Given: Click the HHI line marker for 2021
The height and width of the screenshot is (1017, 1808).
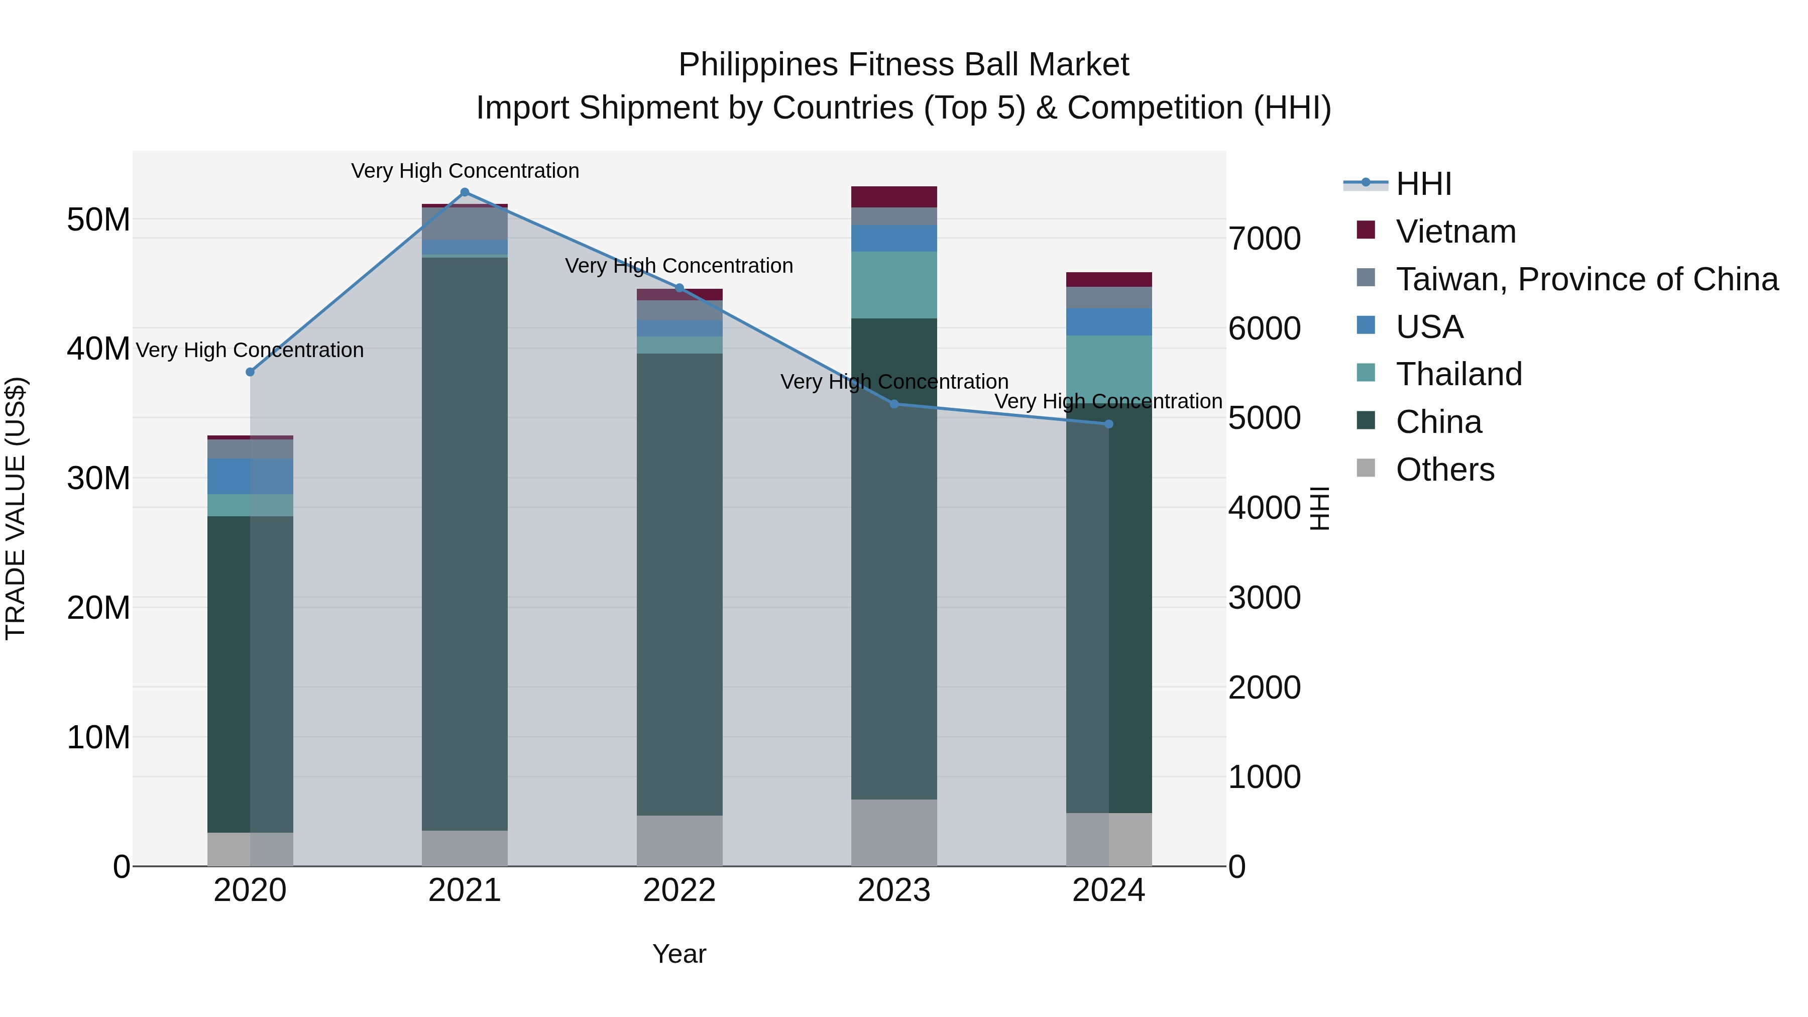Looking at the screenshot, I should tap(465, 192).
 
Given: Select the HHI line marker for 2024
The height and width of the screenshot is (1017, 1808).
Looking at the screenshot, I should tap(1109, 424).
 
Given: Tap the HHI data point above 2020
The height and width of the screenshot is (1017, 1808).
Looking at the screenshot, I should tap(250, 372).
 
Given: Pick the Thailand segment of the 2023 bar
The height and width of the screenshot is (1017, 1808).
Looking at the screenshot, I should tap(894, 285).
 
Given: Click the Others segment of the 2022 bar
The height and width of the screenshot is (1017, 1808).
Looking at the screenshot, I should tap(680, 840).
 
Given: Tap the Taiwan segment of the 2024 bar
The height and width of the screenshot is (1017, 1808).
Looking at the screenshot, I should tap(1109, 298).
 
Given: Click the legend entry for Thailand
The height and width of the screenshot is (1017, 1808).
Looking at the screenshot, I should tap(1458, 374).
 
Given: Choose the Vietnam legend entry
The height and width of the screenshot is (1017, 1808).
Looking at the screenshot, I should tap(1455, 232).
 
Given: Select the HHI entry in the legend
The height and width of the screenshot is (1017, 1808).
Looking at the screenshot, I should tap(1423, 184).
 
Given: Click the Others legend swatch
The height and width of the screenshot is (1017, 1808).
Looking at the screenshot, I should tap(1366, 468).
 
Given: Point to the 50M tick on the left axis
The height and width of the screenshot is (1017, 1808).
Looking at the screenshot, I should tap(98, 219).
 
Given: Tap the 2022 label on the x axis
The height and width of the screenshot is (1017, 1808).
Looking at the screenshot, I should tap(680, 890).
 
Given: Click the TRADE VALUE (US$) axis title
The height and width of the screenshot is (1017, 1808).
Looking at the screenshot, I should tap(16, 508).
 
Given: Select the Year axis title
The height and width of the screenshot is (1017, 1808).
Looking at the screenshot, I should tap(680, 954).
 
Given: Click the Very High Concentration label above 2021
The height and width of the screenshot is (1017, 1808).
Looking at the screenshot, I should tap(465, 171).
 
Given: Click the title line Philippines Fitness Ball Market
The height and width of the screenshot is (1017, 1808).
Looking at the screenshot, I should tap(903, 65).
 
